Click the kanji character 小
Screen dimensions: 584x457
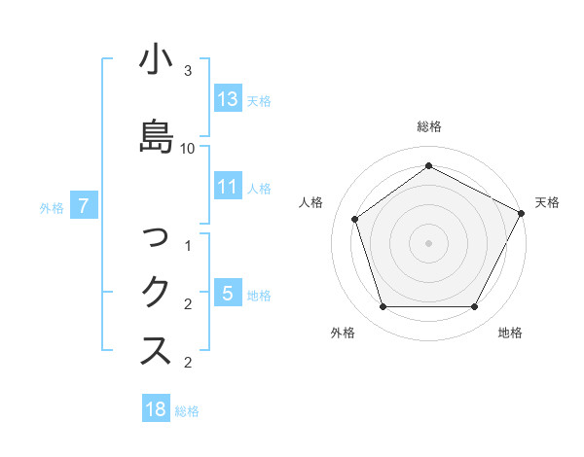(x=156, y=59)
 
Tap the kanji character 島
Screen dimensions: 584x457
(x=156, y=135)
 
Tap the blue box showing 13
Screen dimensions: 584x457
(x=228, y=99)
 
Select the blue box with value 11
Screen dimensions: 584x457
(x=228, y=188)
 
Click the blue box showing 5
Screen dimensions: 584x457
(x=228, y=294)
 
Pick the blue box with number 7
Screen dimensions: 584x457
(x=85, y=206)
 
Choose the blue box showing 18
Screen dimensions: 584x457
(x=156, y=409)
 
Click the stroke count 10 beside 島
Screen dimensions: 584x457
(x=188, y=148)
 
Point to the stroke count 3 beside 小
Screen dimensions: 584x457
(x=188, y=71)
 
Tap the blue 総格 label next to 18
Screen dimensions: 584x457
(x=188, y=411)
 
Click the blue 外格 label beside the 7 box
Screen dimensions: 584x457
(x=52, y=207)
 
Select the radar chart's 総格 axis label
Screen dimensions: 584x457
(x=428, y=126)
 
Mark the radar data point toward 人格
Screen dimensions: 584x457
(x=355, y=219)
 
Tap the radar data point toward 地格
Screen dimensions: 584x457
(x=475, y=306)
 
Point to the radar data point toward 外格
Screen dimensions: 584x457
(x=383, y=307)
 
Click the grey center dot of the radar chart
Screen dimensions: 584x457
(x=428, y=242)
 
